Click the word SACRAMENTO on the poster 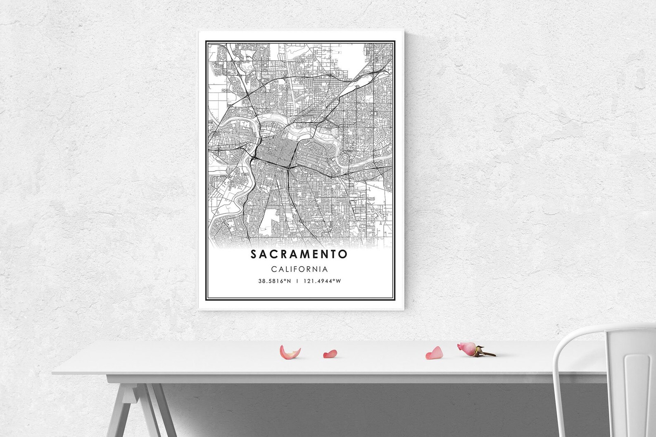point(299,254)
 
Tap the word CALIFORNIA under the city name point(299,269)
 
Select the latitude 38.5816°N point(275,281)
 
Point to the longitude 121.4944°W point(323,281)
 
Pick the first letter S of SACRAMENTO point(253,254)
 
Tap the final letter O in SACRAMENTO point(343,254)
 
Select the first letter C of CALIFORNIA point(273,269)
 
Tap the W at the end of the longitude point(338,281)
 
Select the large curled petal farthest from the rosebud point(290,352)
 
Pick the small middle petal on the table point(330,354)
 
